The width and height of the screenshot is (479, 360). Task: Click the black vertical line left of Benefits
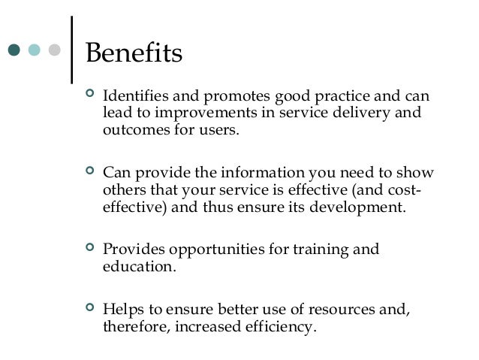tap(71, 49)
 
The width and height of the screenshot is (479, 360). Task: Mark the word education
tap(135, 265)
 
